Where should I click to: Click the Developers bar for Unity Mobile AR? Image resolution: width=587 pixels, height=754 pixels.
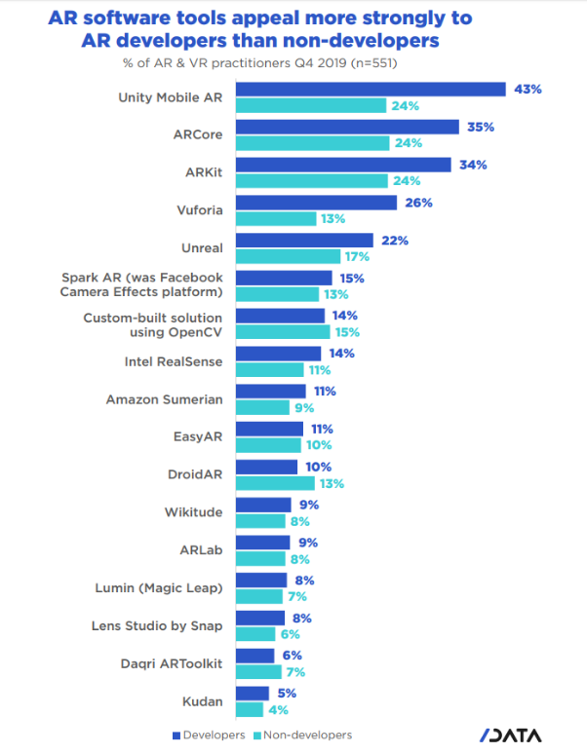(x=371, y=90)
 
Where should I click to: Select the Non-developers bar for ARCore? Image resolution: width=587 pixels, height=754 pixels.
(x=311, y=142)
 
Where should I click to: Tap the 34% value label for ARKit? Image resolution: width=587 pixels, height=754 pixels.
(x=473, y=165)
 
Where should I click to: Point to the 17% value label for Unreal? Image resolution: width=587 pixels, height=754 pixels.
(x=355, y=256)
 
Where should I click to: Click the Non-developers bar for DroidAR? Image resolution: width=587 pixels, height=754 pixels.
(x=275, y=482)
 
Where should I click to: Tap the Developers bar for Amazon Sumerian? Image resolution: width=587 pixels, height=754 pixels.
(x=270, y=391)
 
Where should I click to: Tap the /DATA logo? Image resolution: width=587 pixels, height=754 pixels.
(x=510, y=735)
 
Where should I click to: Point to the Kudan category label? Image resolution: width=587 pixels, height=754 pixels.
(x=203, y=700)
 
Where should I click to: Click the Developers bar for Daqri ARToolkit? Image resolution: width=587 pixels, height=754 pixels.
(x=254, y=656)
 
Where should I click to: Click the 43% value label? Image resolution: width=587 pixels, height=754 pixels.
(x=528, y=89)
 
